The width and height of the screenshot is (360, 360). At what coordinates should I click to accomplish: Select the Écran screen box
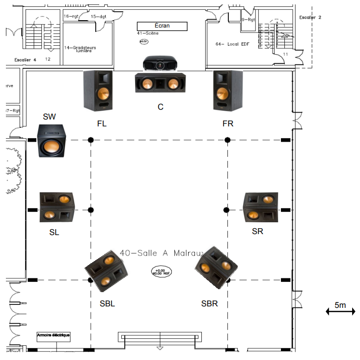click(x=162, y=26)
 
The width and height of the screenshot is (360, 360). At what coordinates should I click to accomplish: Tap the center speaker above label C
click(x=161, y=83)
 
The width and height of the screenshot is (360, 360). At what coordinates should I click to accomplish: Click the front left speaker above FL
click(x=98, y=90)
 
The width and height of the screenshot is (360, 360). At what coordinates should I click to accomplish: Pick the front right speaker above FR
click(x=227, y=90)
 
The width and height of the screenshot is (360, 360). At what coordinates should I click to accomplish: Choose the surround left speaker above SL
click(x=57, y=207)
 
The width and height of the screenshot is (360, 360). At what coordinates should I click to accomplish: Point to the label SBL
click(x=107, y=303)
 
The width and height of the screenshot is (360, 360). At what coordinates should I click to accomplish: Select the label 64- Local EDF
click(x=234, y=44)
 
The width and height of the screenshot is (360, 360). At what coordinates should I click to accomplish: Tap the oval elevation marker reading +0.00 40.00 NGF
click(x=159, y=271)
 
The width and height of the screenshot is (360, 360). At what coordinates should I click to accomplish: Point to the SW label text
click(x=49, y=117)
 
